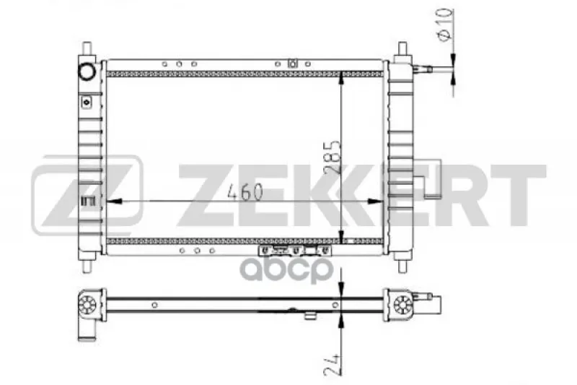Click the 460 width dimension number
click(x=245, y=192)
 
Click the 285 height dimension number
click(x=332, y=157)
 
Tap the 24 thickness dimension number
click(x=332, y=365)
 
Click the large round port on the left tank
click(x=87, y=71)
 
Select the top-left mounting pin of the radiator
click(x=87, y=48)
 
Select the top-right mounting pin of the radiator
click(x=402, y=48)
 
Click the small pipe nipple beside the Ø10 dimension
click(x=423, y=69)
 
